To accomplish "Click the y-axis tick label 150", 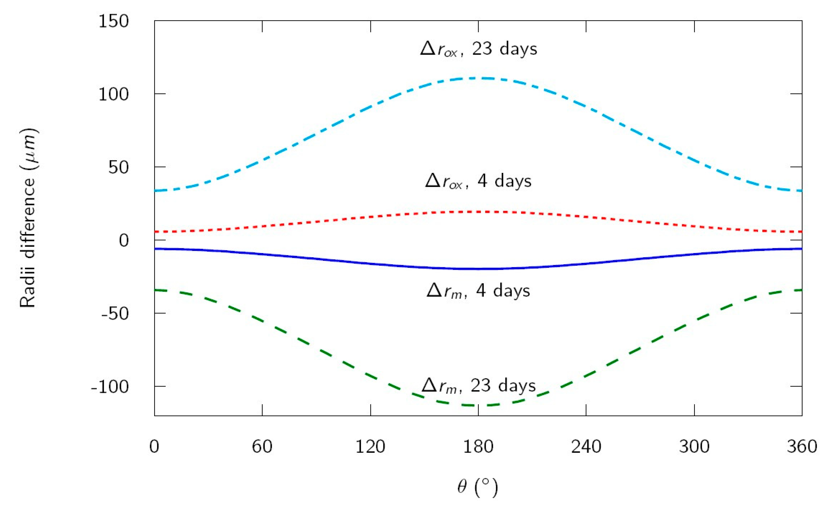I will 113,22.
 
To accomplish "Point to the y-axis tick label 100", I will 113,95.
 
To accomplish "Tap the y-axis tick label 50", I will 118,168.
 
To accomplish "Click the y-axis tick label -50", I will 115,314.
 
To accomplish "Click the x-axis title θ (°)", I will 477,487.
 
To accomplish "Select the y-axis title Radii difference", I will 28,218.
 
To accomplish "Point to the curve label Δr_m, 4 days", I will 478,291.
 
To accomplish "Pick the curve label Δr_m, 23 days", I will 478,386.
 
